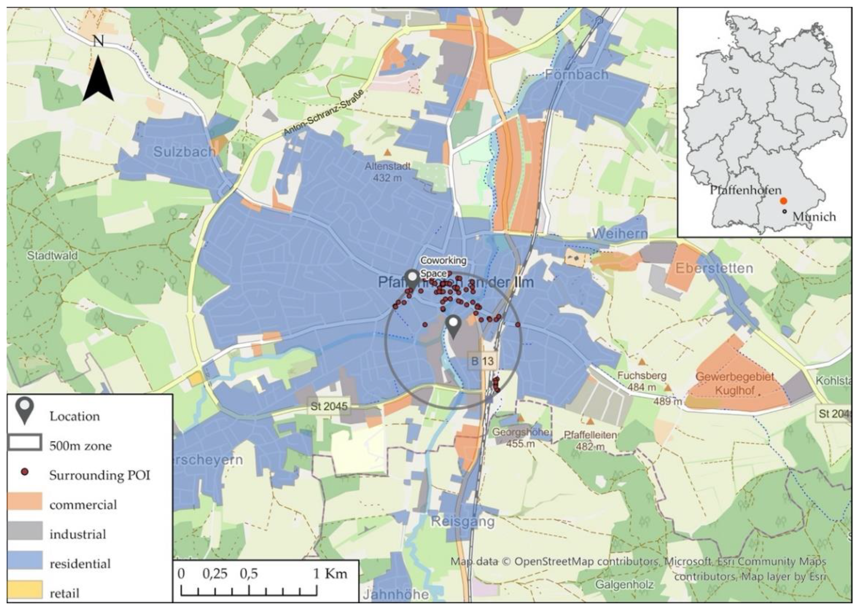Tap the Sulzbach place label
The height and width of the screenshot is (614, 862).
pos(184,152)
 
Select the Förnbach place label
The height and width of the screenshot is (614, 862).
pos(576,75)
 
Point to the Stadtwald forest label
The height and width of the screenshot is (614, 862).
pos(52,255)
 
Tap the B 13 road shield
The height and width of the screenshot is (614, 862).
pos(482,361)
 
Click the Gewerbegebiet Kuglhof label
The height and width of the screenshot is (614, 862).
pos(735,383)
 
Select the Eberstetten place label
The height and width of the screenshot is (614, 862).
pos(714,268)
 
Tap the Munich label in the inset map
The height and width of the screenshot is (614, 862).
pos(814,217)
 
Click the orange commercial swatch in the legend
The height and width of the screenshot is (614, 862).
pos(25,502)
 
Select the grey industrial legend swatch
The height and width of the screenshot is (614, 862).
pos(25,531)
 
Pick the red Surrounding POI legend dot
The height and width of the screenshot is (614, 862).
pos(25,472)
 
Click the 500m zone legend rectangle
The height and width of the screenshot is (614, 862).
pos(25,443)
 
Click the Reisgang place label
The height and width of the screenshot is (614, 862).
pos(463,522)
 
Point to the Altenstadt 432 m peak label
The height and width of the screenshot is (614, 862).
pos(387,172)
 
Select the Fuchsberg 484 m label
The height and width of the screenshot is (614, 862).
pos(642,381)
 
